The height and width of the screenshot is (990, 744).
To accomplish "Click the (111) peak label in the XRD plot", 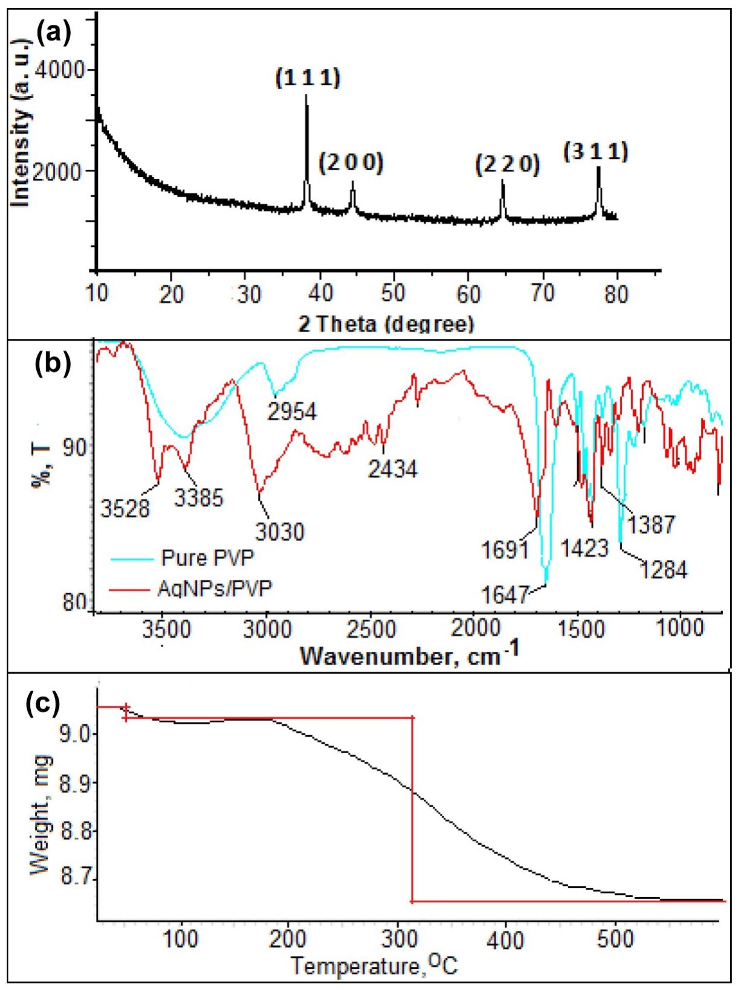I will point(308,78).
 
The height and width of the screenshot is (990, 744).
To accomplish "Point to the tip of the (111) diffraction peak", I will point(306,95).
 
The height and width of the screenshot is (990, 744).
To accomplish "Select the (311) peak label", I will point(596,151).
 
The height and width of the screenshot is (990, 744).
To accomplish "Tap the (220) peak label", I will point(507,164).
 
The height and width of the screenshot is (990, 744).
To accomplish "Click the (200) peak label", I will point(351,162).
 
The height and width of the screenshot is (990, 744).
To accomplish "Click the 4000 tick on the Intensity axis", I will point(59,71).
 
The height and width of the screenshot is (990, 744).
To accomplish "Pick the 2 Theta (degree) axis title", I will point(386,324).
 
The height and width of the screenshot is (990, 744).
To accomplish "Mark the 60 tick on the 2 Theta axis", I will point(468,294).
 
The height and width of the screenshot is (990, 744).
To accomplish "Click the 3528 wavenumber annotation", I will point(125,509).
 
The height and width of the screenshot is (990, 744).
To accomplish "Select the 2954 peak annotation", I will point(292,412).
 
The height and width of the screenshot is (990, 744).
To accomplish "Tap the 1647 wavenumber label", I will point(505,595).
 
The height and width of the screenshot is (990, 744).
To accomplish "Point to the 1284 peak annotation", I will point(664,569).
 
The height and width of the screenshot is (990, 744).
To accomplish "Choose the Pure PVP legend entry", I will point(207,557).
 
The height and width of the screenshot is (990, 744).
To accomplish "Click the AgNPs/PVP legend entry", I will point(215,588).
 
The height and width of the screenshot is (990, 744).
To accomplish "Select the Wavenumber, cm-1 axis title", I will point(410,655).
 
